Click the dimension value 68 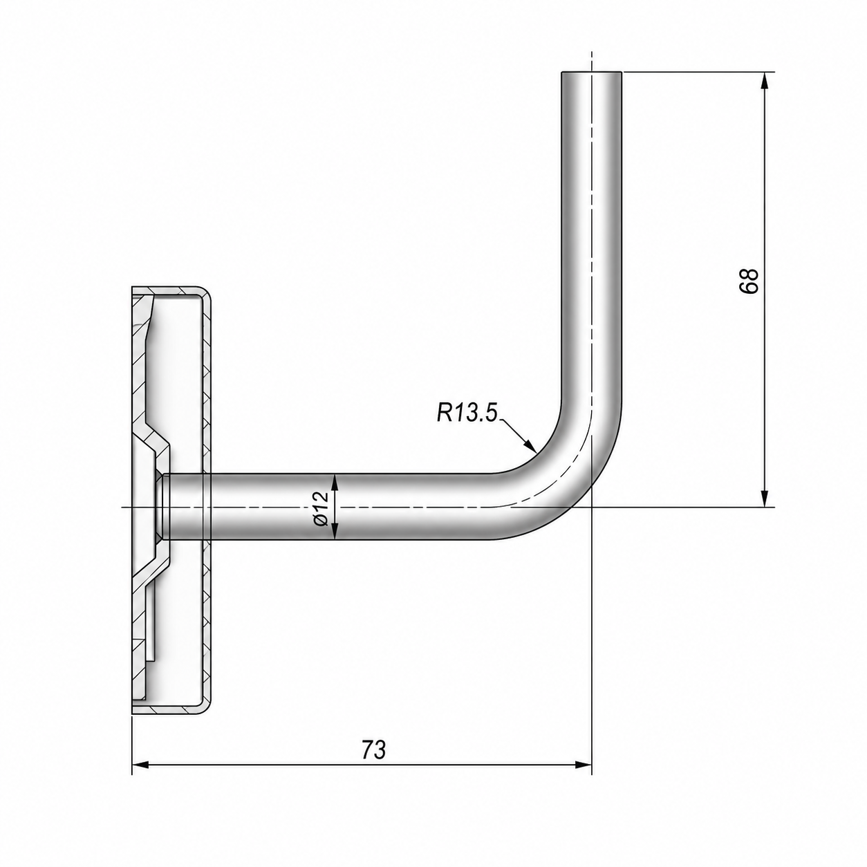point(749,281)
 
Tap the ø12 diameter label point(321,507)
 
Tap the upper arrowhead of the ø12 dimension point(334,483)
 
